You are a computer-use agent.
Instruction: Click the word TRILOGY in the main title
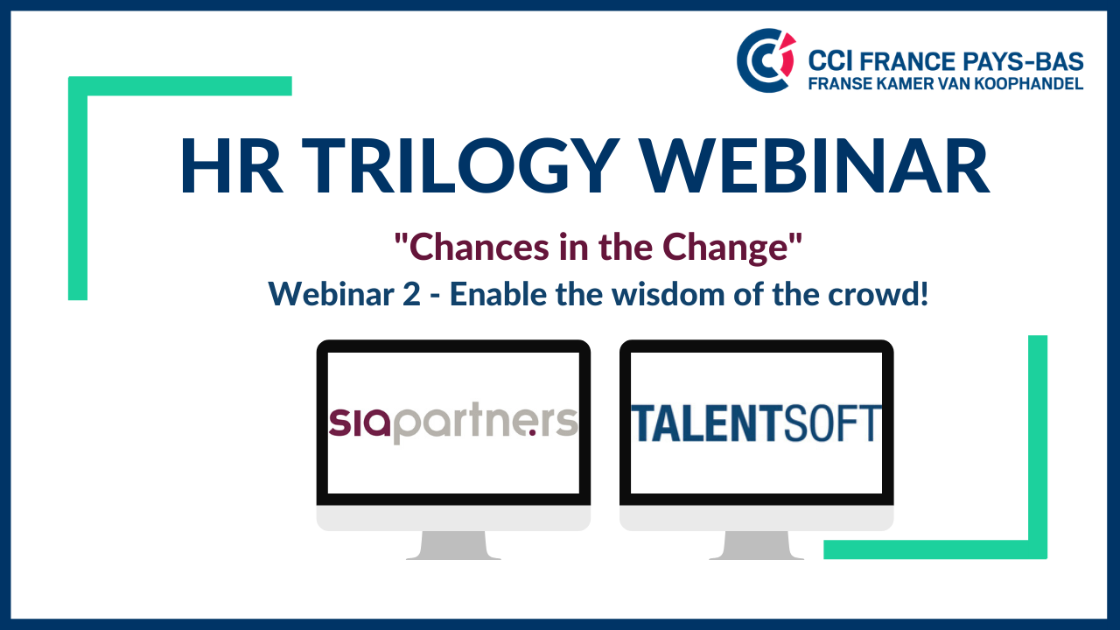click(459, 165)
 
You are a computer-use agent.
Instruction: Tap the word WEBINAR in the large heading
click(815, 165)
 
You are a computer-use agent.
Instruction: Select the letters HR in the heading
click(231, 165)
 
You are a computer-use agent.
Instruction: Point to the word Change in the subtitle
click(725, 248)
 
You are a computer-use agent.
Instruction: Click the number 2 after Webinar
click(411, 295)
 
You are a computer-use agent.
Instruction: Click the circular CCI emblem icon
click(766, 60)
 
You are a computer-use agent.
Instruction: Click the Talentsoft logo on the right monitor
click(756, 423)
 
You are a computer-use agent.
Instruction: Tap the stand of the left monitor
click(453, 545)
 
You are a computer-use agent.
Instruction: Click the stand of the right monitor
click(756, 545)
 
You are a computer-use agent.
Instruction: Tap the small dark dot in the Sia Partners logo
click(533, 433)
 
